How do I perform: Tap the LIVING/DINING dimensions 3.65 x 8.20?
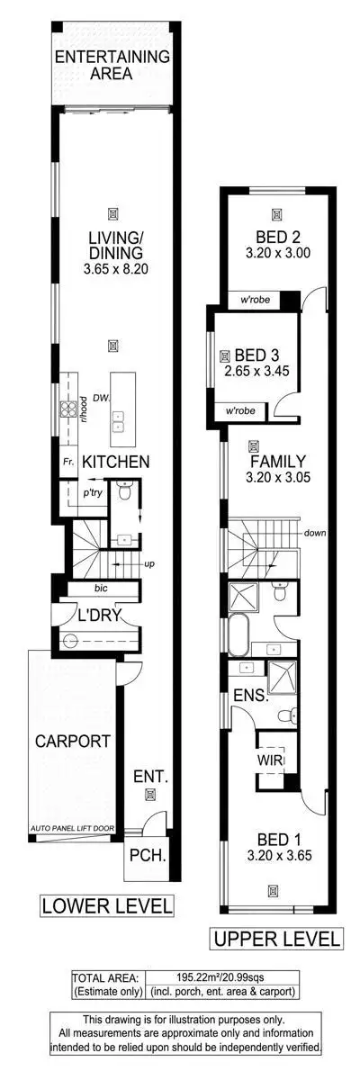click(112, 269)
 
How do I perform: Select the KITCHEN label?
click(115, 461)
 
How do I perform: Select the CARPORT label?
click(72, 742)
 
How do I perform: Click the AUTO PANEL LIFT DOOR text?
click(72, 826)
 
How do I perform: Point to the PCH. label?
click(146, 855)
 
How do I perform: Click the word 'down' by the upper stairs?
click(314, 532)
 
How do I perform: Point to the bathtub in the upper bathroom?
click(238, 636)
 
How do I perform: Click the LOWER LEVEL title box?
click(107, 904)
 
